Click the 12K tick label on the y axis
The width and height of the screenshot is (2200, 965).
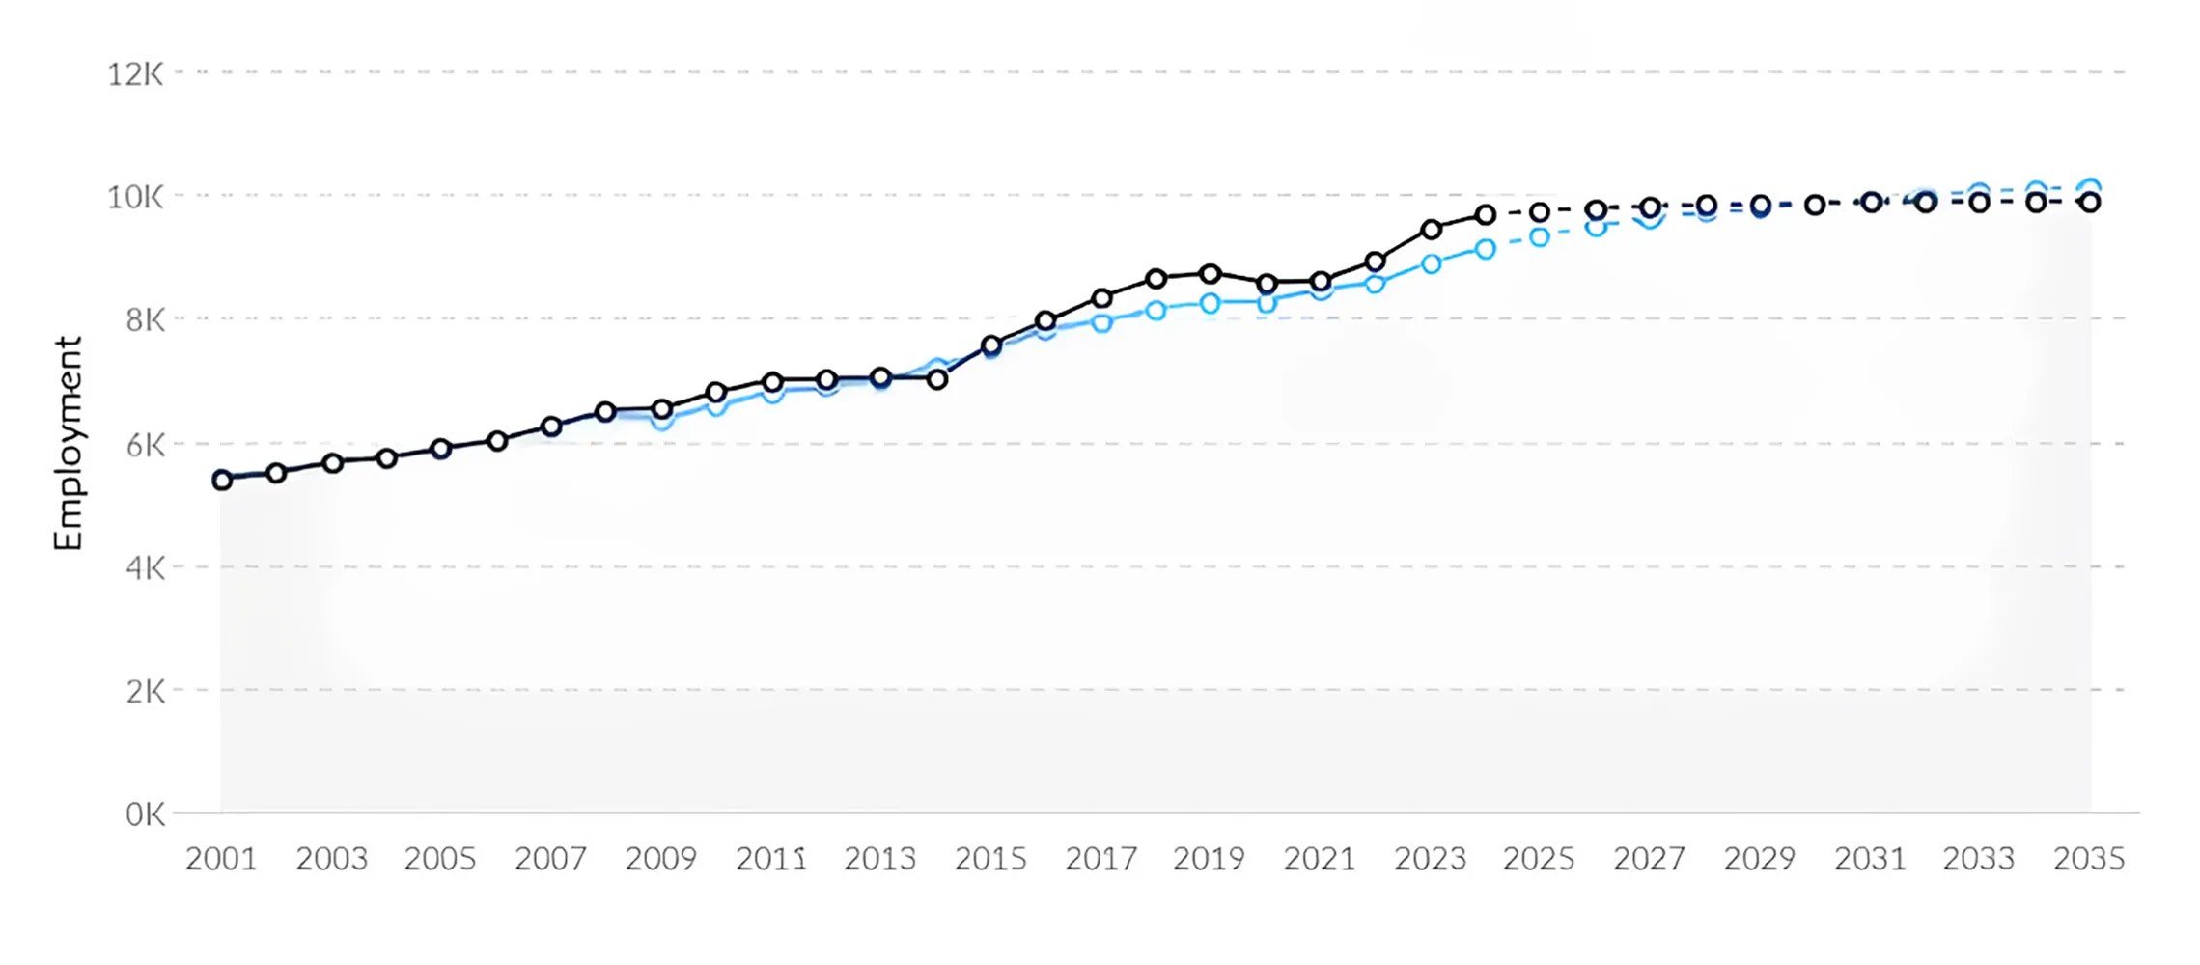[135, 74]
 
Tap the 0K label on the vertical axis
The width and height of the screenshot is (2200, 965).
[145, 814]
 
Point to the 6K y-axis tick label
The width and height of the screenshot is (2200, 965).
[145, 446]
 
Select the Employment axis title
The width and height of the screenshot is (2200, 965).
[69, 444]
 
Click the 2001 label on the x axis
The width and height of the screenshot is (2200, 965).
[221, 859]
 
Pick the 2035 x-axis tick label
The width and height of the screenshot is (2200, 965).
[2089, 859]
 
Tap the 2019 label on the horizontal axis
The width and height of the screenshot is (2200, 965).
[1209, 859]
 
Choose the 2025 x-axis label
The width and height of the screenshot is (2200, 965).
[1539, 859]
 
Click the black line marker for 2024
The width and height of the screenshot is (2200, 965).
[1486, 215]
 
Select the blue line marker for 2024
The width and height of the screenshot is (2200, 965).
[1486, 250]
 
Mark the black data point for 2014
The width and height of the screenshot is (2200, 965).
[936, 380]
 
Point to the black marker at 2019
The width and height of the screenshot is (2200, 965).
[1211, 274]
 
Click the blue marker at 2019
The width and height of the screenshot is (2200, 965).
[1211, 304]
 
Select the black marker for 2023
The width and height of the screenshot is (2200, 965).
[1432, 230]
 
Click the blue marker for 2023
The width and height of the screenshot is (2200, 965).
[1432, 264]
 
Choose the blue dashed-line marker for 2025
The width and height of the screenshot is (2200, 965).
[1540, 237]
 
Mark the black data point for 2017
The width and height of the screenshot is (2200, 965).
[1101, 298]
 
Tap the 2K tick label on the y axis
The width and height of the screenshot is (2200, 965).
[145, 692]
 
